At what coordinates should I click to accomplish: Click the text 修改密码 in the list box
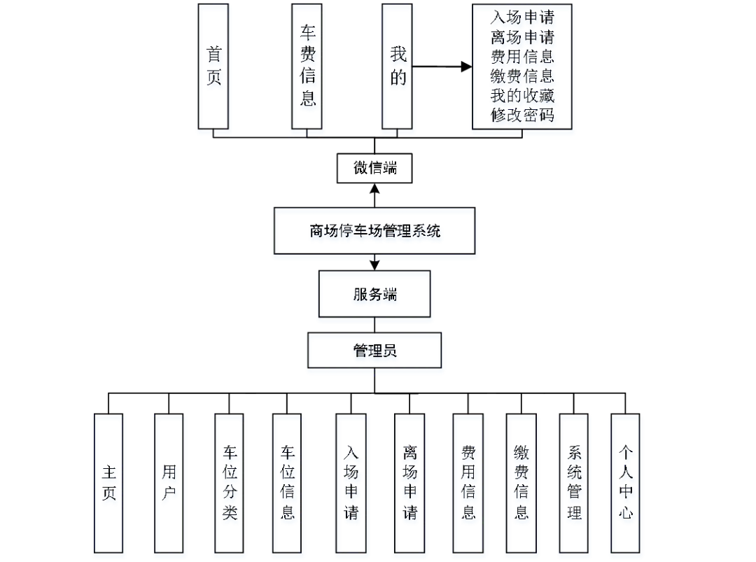(522, 115)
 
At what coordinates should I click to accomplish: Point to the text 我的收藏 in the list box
(522, 95)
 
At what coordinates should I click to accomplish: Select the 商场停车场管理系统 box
(376, 233)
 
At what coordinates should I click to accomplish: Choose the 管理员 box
(375, 351)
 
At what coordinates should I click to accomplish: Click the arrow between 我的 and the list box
(441, 66)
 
